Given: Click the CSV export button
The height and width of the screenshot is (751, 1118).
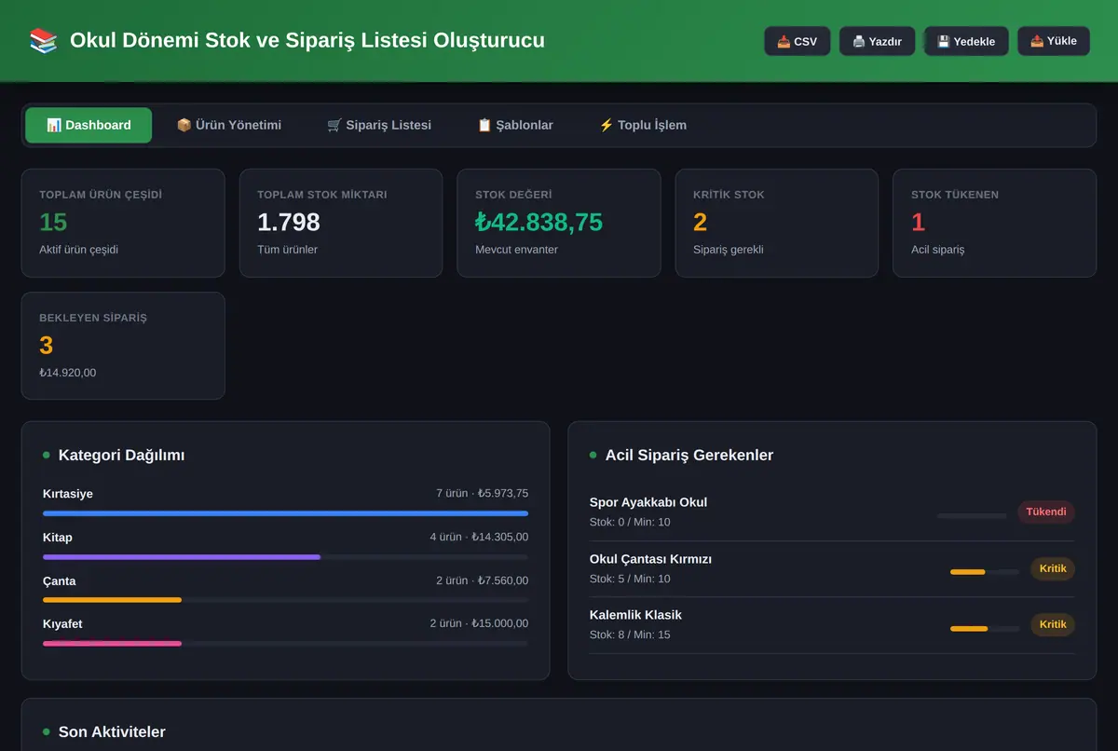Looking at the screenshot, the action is click(798, 41).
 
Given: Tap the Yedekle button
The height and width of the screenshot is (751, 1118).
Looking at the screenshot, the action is click(966, 41).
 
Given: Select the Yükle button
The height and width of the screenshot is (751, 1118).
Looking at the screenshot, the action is click(1054, 41).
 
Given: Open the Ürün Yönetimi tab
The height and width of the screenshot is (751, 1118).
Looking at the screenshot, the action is click(229, 125).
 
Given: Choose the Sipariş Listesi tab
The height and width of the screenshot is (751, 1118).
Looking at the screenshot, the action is click(379, 125).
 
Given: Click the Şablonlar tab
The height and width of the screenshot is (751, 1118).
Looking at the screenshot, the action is click(515, 125).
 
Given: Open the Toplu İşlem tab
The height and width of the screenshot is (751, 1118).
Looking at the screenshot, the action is click(643, 125).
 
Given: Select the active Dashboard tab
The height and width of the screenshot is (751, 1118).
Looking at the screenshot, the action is click(89, 125).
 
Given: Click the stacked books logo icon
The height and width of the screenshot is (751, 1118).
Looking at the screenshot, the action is click(44, 40).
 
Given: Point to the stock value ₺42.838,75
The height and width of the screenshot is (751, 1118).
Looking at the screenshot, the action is click(539, 222).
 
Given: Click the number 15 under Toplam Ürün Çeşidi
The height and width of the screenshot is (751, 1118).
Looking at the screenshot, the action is click(53, 222).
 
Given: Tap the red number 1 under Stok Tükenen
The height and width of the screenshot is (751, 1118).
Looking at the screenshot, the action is click(918, 222).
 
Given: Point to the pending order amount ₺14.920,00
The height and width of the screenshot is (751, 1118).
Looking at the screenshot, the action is click(68, 373).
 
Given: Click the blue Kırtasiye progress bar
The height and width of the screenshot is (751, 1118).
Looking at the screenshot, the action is click(285, 513).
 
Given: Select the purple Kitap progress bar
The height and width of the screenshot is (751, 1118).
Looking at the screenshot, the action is click(182, 557).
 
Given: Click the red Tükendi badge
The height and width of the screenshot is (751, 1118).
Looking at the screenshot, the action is click(1046, 512).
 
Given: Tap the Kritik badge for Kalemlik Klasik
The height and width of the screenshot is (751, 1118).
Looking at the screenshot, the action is click(1053, 624).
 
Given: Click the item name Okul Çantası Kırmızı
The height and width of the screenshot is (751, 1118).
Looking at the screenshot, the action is click(650, 559).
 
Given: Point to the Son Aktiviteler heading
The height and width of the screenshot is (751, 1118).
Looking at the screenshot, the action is click(112, 731).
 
